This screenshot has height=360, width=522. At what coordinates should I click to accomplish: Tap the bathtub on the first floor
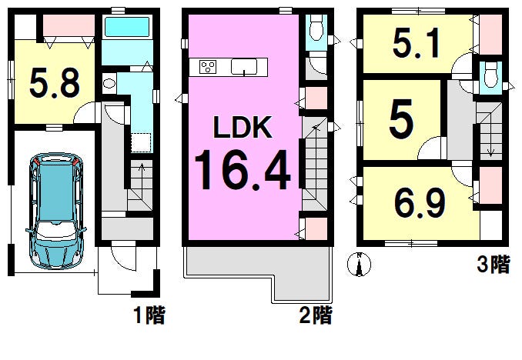click(x=126, y=27)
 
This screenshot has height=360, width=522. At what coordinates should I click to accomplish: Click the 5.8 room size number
click(x=55, y=83)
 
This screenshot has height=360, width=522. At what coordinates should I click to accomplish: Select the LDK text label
click(x=243, y=127)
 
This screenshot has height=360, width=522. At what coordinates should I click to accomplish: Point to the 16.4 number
click(x=243, y=170)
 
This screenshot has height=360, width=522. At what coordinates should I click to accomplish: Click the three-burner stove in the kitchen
click(x=208, y=67)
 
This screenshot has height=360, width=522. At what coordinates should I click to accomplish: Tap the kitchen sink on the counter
click(x=244, y=67)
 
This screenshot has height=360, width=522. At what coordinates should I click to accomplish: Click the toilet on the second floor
click(x=316, y=27)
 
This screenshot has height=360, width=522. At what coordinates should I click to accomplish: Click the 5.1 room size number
click(x=416, y=43)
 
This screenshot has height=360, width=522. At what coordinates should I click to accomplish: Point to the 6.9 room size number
click(x=420, y=202)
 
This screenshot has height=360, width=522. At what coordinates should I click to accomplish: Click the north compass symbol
click(x=359, y=265)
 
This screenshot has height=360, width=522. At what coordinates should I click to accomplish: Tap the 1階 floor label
click(x=149, y=315)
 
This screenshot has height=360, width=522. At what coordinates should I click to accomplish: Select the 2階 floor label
click(x=316, y=315)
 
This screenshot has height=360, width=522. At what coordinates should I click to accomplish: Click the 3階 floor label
click(x=493, y=265)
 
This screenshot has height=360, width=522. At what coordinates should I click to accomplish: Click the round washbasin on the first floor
click(x=109, y=83)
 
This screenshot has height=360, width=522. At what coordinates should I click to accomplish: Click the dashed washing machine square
click(x=141, y=142)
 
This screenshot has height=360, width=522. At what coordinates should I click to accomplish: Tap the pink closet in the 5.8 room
click(x=69, y=25)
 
